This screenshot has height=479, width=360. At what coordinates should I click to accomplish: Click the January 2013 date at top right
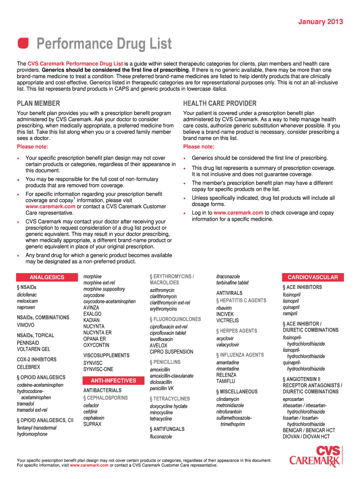point(321,22)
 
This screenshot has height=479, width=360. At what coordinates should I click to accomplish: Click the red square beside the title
point(23,44)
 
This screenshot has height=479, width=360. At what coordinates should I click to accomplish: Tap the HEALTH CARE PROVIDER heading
point(220,103)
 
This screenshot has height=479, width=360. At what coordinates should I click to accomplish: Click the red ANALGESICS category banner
point(47,277)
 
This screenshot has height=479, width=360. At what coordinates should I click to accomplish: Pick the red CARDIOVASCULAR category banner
point(312,277)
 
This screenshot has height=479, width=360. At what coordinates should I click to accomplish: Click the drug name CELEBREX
point(29,367)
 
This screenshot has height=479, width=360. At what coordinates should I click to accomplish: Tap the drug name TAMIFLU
point(226,381)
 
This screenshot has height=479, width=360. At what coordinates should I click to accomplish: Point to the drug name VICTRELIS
point(227,320)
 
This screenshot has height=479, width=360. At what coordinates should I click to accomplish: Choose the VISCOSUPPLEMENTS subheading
point(106,356)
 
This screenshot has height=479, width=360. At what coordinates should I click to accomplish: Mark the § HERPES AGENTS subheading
point(237,331)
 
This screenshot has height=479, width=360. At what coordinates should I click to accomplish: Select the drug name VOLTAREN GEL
point(34,349)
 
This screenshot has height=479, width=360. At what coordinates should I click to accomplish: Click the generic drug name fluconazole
point(161,436)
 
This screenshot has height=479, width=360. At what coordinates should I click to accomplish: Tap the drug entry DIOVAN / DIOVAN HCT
point(306,436)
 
